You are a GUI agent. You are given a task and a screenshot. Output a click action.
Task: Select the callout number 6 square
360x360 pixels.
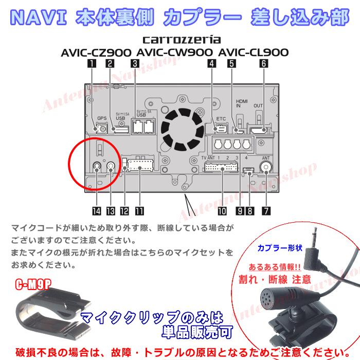(264, 64)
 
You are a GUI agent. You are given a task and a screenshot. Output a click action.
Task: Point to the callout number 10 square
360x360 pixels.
(222, 210)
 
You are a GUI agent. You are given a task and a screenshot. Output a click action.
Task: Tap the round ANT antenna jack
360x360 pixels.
(266, 167)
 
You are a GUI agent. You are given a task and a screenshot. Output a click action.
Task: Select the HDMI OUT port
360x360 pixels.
(259, 130)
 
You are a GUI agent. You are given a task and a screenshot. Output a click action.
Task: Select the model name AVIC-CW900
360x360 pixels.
(175, 52)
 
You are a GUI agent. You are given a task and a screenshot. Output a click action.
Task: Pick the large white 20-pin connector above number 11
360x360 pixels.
(139, 166)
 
